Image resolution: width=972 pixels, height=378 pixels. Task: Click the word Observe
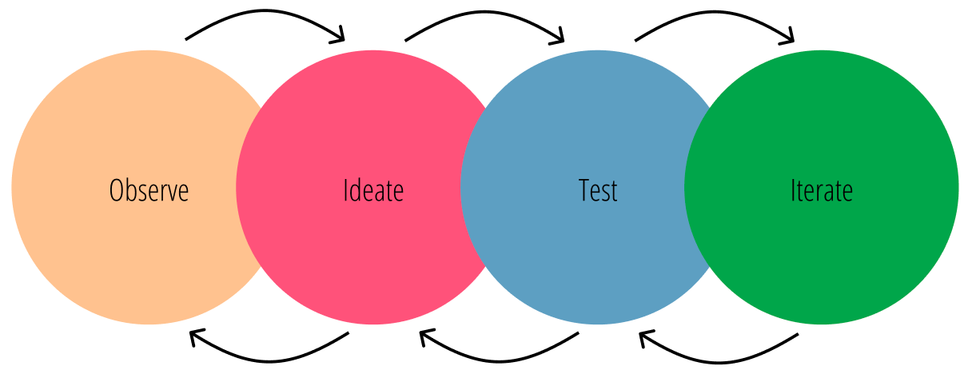[x=149, y=191]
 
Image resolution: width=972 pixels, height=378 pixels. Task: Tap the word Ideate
[x=372, y=191]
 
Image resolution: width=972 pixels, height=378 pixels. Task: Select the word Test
[x=598, y=191]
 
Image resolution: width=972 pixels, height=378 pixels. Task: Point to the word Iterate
[x=822, y=191]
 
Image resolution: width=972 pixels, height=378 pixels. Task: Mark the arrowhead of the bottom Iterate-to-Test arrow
[x=644, y=339]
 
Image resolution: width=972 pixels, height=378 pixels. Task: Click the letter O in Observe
[x=117, y=191]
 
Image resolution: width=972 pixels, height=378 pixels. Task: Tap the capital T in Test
[x=584, y=191]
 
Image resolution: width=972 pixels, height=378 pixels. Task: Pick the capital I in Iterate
[x=793, y=191]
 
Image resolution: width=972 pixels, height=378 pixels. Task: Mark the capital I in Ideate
[x=345, y=191]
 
